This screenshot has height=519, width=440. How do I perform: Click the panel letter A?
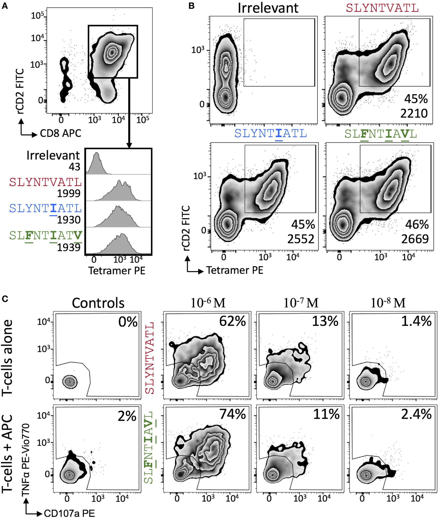5,6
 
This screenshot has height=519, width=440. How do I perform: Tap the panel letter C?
5,299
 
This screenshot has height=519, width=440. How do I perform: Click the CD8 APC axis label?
60,133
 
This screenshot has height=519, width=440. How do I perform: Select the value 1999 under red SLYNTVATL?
69,193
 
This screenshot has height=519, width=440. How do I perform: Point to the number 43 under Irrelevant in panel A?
74,167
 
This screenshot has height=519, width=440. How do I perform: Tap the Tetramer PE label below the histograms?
117,271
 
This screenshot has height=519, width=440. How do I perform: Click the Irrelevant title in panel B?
268,8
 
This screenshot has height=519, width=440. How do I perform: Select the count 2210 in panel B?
414,114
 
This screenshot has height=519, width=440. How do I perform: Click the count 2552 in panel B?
301,239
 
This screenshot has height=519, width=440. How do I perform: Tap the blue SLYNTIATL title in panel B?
271,133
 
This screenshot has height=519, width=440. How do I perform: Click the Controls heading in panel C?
98,303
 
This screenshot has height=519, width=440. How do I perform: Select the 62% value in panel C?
232,321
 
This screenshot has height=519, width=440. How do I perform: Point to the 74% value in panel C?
232,414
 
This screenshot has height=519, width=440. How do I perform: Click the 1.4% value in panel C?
416,321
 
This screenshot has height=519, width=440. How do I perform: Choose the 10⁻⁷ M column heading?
301,303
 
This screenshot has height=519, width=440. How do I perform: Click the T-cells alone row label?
7,358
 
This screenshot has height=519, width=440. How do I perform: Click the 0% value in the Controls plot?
128,322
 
